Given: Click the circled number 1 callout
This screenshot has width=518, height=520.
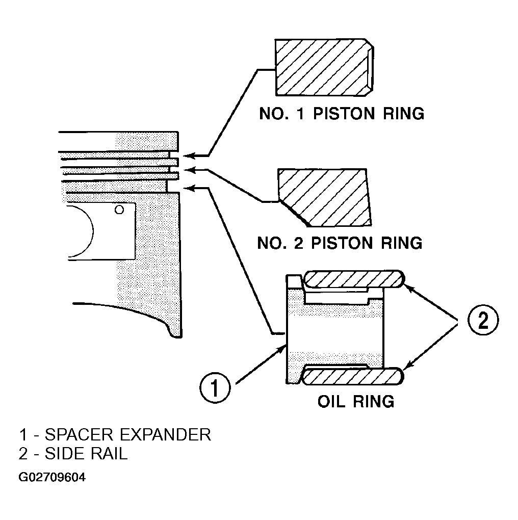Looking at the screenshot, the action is pos(215,387).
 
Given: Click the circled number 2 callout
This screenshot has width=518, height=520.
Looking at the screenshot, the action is pos(483,320).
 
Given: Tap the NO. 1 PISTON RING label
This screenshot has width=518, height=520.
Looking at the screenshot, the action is pos(342,113).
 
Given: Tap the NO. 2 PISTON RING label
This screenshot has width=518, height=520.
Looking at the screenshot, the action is pos(340,243).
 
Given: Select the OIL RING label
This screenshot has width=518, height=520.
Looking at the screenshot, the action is pos(356,401).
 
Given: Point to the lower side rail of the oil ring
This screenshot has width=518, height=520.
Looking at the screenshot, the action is pos(353,376).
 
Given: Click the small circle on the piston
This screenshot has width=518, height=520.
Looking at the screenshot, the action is pos(119,210).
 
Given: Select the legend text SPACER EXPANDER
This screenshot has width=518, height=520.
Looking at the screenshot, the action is pos(127,434).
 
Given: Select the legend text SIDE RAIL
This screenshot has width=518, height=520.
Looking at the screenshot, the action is pos(86,453).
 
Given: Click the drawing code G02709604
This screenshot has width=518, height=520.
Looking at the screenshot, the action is pos(52,477).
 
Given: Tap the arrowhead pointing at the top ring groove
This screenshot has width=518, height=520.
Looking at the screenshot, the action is pos(188,155).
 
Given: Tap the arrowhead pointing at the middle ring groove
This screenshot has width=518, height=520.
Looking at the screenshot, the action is pos(188,170).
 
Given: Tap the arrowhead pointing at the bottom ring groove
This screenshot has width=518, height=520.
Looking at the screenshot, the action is pos(188,188).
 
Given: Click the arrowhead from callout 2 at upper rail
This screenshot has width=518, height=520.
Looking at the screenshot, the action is pos(410,289).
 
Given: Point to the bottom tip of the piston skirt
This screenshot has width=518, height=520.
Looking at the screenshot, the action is pos(176,337).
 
